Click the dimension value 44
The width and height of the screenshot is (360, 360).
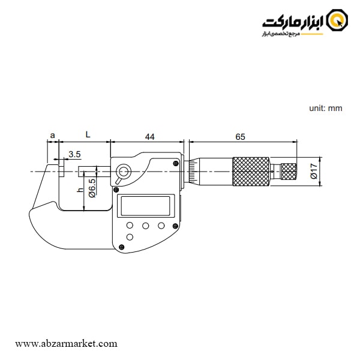[150, 137]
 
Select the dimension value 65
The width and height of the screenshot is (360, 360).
[240, 137]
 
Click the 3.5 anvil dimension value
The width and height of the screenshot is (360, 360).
[74, 155]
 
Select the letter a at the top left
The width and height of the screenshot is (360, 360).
[53, 136]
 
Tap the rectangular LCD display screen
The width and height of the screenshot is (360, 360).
[147, 206]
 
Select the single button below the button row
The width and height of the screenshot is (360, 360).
[130, 238]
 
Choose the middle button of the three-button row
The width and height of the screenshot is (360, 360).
[145, 226]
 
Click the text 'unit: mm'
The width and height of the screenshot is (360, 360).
[325, 108]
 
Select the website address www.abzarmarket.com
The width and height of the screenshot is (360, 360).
[66, 344]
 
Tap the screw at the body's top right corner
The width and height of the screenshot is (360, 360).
[175, 163]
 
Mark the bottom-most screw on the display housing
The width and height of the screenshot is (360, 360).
[122, 247]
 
